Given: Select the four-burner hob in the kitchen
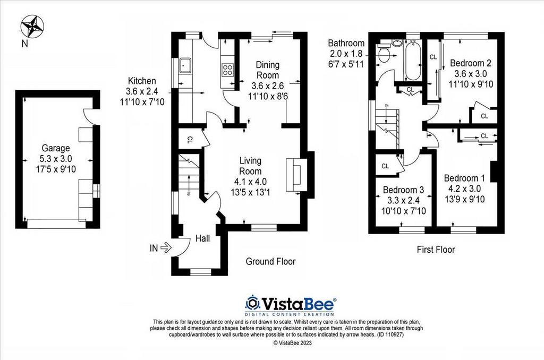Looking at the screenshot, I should tap(228, 70).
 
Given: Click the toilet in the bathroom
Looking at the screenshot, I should tap(384, 52).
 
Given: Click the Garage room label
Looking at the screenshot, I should tap(57, 148).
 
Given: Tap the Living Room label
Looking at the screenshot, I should tap(250, 166).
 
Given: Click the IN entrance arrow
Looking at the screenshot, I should tap(165, 246).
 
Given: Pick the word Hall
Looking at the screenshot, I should tap(202, 238).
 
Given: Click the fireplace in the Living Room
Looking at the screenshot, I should tap(295, 175).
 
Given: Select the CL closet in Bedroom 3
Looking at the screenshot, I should tap(386, 166).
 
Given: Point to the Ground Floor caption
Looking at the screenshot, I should tap(270, 261).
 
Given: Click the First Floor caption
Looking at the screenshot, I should tap(436, 249).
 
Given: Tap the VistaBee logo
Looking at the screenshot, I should tap(290, 304).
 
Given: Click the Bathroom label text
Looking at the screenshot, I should tap(346, 43).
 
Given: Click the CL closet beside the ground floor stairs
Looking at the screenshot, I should tap(189, 140).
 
